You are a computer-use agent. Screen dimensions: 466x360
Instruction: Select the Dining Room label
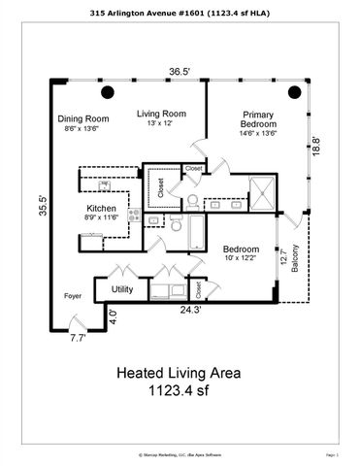point(83,118)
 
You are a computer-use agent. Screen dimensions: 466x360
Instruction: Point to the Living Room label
point(160,114)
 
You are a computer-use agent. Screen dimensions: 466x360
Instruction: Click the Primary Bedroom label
point(258,119)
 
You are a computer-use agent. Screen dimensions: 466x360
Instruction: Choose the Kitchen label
point(102,209)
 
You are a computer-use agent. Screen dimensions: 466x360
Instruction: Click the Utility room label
point(122,289)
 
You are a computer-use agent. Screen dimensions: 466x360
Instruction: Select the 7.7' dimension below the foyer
point(78,338)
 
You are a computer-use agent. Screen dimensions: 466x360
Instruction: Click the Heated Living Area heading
point(180,372)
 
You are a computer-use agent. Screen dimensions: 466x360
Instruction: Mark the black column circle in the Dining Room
point(108,92)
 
